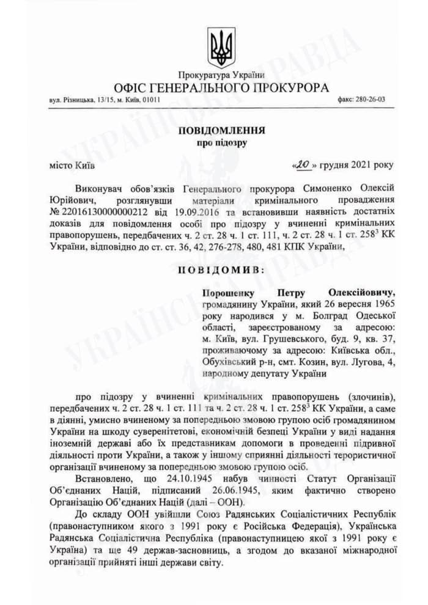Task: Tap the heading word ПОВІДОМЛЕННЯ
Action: [x=222, y=131]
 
